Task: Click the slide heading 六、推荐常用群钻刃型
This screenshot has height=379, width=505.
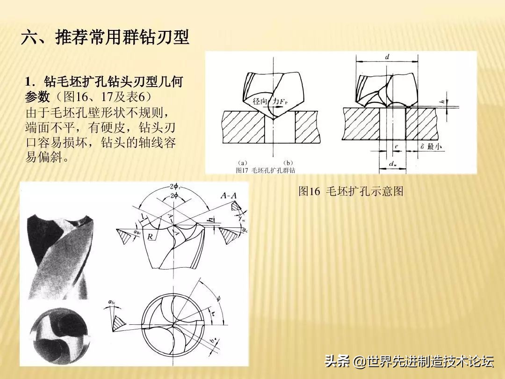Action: [x=105, y=37]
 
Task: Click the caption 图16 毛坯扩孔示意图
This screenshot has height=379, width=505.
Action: [x=351, y=191]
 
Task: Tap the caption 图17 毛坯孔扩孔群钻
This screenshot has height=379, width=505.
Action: [x=266, y=170]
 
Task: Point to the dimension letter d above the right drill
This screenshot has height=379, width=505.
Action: [x=388, y=57]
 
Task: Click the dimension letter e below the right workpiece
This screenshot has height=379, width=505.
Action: [x=396, y=147]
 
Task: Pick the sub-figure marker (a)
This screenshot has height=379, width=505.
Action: [x=242, y=163]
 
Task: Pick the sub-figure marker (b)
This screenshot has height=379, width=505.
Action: [x=288, y=163]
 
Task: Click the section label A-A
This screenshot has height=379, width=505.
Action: [x=229, y=196]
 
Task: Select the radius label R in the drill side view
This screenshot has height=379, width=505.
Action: [x=151, y=237]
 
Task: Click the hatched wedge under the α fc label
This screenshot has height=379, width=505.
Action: [x=119, y=321]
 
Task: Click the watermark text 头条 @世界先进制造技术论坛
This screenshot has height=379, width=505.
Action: [x=409, y=361]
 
